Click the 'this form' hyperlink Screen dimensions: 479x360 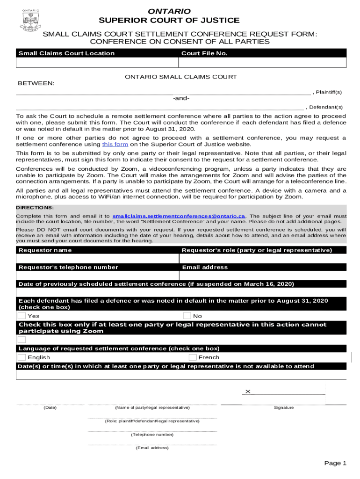pyautogui.click(x=114, y=145)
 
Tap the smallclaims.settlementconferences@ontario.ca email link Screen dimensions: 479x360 pyautogui.click(x=179, y=216)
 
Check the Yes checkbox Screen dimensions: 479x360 pyautogui.click(x=22, y=316)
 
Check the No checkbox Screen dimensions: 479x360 pyautogui.click(x=187, y=316)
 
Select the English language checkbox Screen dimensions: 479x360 pyautogui.click(x=22, y=357)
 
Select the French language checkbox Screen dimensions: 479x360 pyautogui.click(x=193, y=357)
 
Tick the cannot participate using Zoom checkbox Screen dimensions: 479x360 pyautogui.click(x=22, y=340)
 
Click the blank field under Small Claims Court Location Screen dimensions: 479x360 pyautogui.click(x=97, y=63)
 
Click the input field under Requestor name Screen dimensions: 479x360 pyautogui.click(x=97, y=259)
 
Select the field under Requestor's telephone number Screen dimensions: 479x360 pyautogui.click(x=97, y=276)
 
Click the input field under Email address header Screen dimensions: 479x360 pyautogui.click(x=263, y=276)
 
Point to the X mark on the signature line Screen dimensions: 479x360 pyautogui.click(x=248, y=392)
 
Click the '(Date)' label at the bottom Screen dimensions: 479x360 pyautogui.click(x=50, y=407)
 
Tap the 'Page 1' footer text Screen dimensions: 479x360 pyautogui.click(x=335, y=463)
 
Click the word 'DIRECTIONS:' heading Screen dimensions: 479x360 pyautogui.click(x=35, y=207)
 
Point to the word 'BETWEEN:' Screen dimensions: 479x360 pyautogui.click(x=36, y=83)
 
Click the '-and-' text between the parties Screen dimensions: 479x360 pyautogui.click(x=181, y=98)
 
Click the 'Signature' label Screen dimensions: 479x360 pyautogui.click(x=284, y=407)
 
